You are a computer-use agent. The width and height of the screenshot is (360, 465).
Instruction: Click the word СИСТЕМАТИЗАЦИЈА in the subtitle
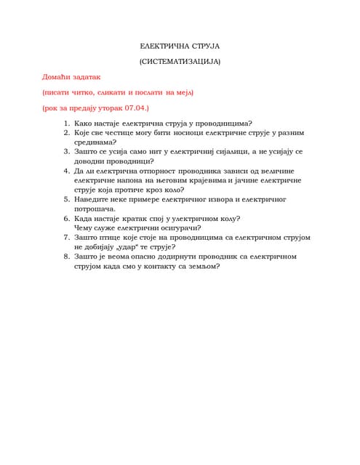(179, 62)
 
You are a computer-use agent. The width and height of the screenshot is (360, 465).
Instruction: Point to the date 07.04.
(135, 108)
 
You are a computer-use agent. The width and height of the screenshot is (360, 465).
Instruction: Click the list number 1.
(66, 124)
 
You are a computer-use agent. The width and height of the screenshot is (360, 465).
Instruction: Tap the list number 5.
(66, 198)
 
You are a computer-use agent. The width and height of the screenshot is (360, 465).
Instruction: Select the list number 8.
(66, 256)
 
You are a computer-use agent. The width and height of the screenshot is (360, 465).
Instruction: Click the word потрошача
(95, 209)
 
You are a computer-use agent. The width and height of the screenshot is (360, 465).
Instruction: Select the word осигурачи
(177, 227)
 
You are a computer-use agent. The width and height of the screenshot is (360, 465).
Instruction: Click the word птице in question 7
(111, 237)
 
